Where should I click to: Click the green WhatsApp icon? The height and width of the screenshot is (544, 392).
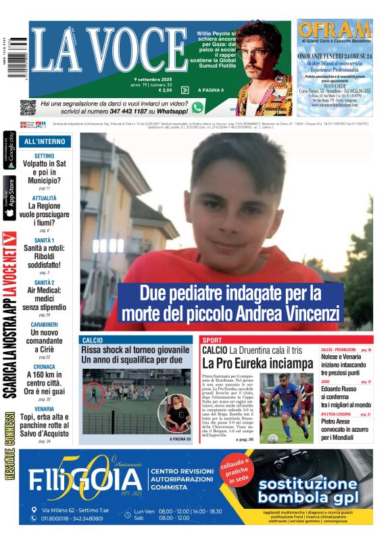click(x=197, y=107)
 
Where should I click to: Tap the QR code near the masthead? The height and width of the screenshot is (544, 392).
click(x=28, y=107)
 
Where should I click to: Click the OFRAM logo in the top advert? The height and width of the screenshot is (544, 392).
click(x=335, y=30)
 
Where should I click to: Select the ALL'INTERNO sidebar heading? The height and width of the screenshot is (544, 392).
click(x=45, y=141)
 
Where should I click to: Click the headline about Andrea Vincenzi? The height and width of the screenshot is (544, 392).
click(x=230, y=304)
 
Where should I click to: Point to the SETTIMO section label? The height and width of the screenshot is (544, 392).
click(x=44, y=156)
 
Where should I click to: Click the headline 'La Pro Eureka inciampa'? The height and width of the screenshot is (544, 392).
click(x=248, y=363)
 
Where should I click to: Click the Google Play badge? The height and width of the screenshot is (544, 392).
click(x=10, y=154)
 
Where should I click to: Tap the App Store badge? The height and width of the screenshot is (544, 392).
click(x=10, y=198)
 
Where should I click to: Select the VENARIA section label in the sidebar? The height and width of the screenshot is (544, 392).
click(x=44, y=409)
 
